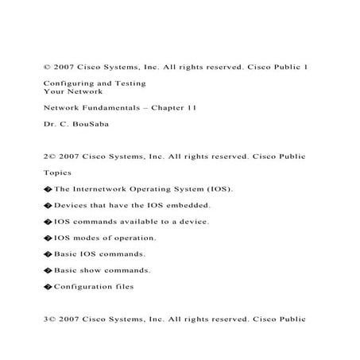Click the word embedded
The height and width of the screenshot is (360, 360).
[188, 205]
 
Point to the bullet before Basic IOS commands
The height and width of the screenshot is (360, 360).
[48, 254]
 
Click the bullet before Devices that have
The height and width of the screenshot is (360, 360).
[48, 205]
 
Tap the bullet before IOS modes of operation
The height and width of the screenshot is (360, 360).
[48, 238]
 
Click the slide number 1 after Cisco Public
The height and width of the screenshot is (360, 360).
[306, 66]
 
